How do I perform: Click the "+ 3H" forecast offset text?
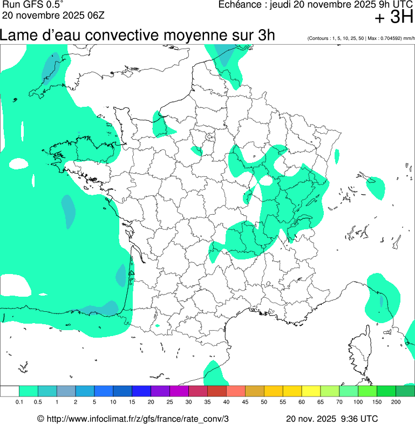(394, 18)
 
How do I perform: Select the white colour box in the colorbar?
(10, 391)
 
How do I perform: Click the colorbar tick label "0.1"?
(19, 402)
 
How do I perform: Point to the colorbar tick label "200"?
(396, 402)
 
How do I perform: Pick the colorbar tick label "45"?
(245, 402)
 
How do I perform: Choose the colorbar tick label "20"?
(151, 402)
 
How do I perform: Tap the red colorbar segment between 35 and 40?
(217, 391)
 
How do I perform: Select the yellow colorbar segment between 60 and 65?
(311, 391)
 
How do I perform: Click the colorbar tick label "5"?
(94, 402)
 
